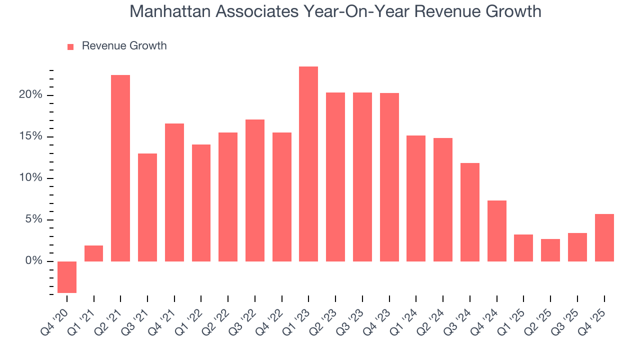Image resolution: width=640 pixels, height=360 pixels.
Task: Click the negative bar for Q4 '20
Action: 67,277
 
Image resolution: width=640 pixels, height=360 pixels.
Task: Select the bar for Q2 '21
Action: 120,168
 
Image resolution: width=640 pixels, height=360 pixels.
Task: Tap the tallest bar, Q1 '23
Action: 308,164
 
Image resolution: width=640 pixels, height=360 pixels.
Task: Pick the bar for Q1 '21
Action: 94,253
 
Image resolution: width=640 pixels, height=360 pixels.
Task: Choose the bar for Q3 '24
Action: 470,212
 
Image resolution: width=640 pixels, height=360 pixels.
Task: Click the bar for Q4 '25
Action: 604,237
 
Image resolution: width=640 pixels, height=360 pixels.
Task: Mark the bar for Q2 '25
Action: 550,250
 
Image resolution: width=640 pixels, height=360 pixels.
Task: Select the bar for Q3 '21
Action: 147,207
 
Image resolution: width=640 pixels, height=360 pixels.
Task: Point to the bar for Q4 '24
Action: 497,231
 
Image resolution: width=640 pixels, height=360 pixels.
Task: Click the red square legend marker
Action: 70,46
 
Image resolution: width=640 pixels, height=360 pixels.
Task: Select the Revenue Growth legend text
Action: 124,46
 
